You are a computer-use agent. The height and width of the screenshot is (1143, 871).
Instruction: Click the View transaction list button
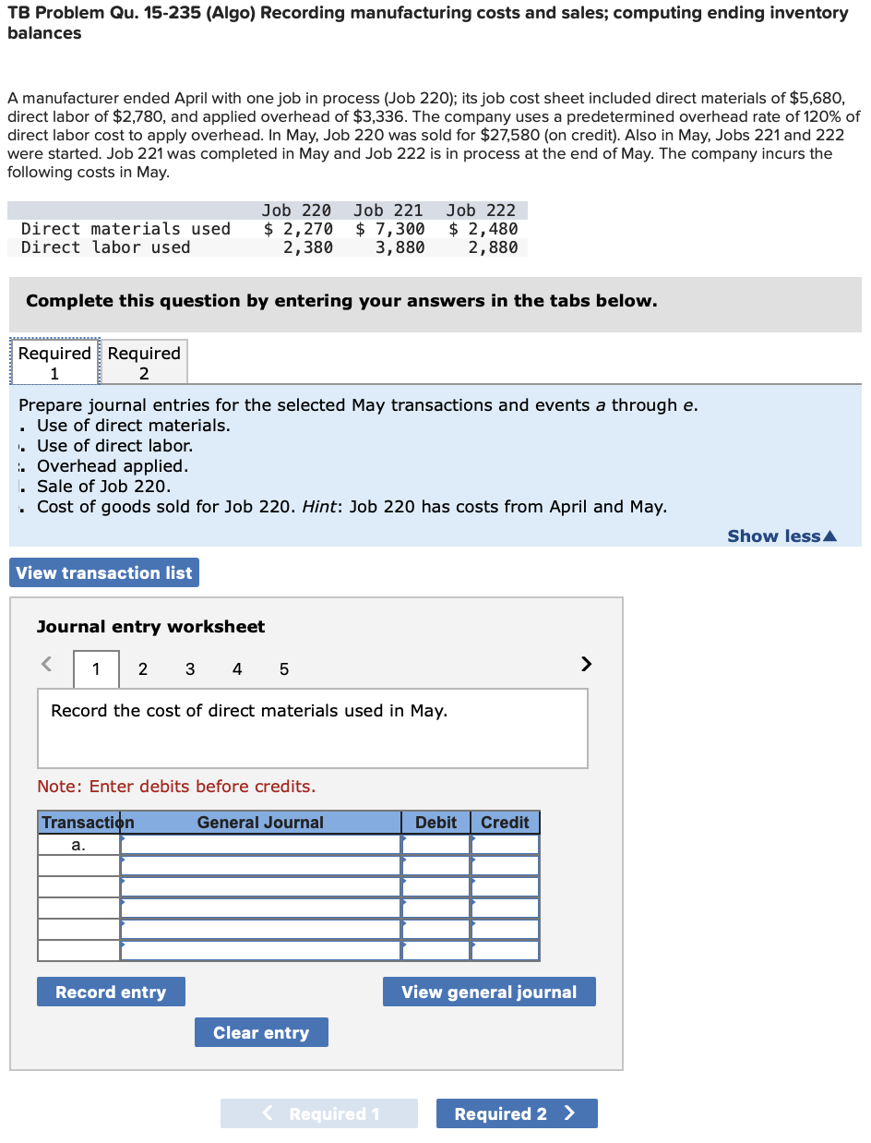(104, 572)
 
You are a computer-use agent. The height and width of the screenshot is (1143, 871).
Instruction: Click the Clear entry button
(261, 1032)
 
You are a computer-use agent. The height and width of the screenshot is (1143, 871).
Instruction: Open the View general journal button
(489, 992)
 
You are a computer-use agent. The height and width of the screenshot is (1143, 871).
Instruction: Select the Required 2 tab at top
(144, 362)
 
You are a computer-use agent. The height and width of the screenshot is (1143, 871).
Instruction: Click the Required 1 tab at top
(54, 362)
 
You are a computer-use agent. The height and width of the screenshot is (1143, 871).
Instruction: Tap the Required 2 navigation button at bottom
(516, 1113)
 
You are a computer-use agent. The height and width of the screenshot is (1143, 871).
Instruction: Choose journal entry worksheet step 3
(190, 669)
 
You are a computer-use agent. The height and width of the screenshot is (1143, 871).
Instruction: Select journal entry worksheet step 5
(283, 669)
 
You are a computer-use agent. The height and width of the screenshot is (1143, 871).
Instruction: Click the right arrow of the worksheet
(584, 664)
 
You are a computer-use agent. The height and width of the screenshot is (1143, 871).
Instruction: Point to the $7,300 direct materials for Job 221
(390, 229)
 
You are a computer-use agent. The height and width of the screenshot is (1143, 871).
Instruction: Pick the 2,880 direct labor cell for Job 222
(492, 247)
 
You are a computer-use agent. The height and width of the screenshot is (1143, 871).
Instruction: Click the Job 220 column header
(296, 211)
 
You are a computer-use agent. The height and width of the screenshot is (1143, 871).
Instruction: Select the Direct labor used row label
(106, 247)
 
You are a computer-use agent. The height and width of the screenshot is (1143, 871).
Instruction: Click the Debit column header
(435, 823)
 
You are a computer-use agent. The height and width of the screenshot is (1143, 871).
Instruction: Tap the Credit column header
(505, 823)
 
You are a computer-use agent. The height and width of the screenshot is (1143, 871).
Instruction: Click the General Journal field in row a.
(260, 845)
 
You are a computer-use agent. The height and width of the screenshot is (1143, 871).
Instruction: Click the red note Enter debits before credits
(176, 787)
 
